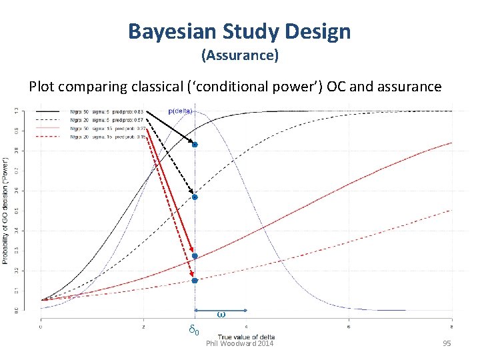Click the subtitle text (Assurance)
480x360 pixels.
[x=239, y=55]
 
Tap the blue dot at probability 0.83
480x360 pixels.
[x=195, y=144]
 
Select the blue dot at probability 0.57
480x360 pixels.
[x=195, y=197]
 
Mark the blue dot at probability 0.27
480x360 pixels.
[x=195, y=256]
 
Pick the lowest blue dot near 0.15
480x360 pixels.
[x=195, y=281]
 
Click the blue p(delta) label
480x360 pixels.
[x=180, y=111]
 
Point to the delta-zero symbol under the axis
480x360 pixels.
[x=193, y=330]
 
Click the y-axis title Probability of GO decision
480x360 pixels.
[x=7, y=210]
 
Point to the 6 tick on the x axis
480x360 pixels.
[x=349, y=327]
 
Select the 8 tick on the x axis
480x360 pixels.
[x=451, y=327]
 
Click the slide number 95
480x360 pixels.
[x=446, y=343]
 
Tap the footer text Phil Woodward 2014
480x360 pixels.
[x=239, y=343]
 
